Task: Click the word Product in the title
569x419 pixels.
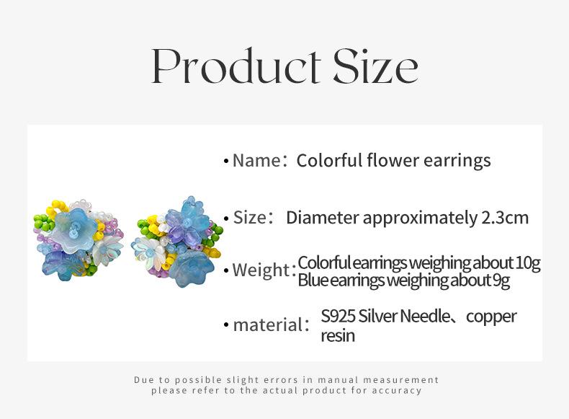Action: tap(236, 66)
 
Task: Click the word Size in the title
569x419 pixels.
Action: tap(375, 66)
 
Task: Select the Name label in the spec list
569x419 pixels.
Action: tap(256, 160)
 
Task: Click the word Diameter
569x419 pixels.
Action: tap(323, 218)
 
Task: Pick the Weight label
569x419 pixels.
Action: tap(261, 270)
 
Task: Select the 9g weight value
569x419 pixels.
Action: tap(501, 281)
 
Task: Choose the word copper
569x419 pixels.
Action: tap(491, 317)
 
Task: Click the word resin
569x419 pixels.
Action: tap(338, 336)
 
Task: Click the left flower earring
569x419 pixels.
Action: tap(79, 240)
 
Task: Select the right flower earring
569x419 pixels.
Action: tap(177, 242)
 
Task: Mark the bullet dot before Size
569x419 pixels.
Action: tap(226, 219)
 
